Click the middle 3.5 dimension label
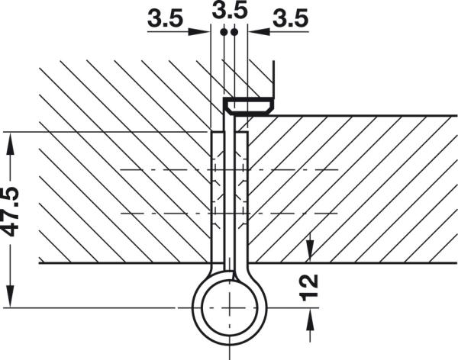tap(229, 11)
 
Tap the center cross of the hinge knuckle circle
tap(229, 307)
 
